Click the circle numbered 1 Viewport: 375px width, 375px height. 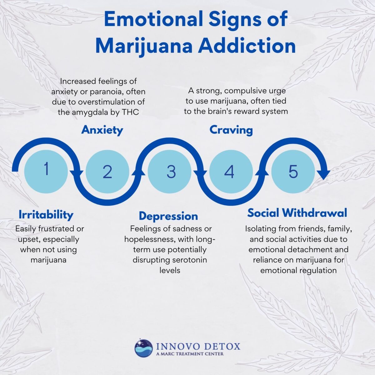46,170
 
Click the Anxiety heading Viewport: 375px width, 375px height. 102,130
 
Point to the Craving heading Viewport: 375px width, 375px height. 231,130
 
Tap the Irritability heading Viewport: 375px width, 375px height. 46,215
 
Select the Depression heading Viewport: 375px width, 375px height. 168,216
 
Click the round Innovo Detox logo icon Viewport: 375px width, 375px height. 144,348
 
